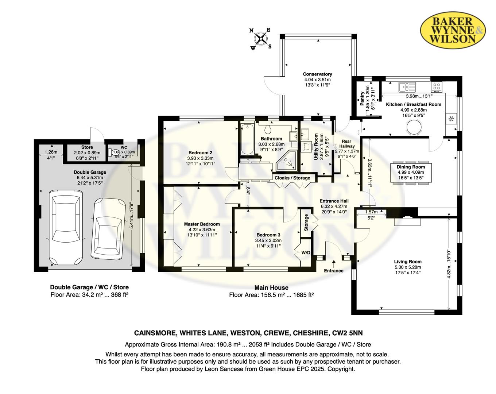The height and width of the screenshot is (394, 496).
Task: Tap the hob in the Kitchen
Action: pyautogui.click(x=437, y=86)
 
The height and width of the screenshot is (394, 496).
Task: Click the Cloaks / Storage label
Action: pyautogui.click(x=292, y=178)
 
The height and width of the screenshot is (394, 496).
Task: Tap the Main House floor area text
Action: pyautogui.click(x=271, y=295)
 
